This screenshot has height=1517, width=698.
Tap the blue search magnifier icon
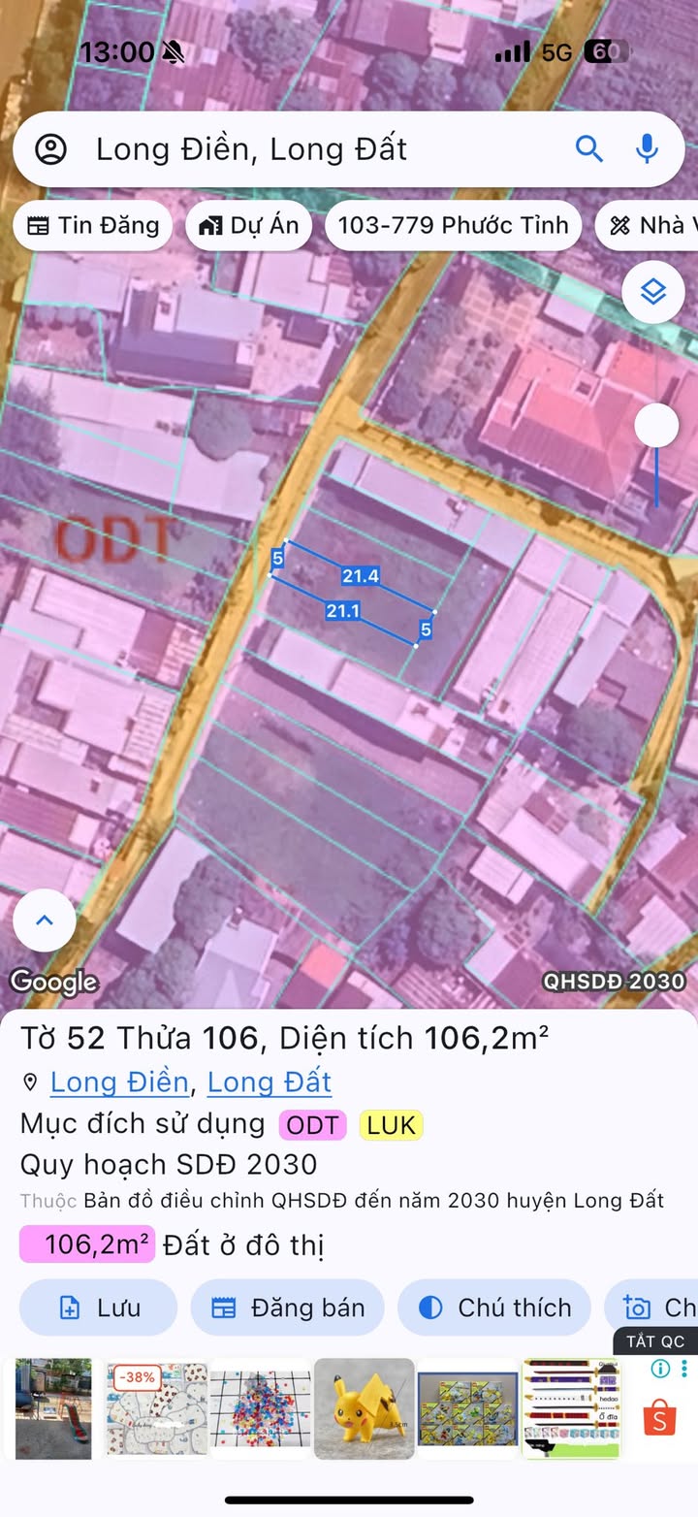click(589, 148)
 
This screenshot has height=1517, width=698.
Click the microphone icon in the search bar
click(647, 148)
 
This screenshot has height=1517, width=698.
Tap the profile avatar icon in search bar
click(50, 149)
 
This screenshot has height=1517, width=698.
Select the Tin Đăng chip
click(93, 226)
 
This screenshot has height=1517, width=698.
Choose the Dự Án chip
click(249, 226)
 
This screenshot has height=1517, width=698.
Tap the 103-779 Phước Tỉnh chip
click(453, 226)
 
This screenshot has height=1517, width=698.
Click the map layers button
click(653, 292)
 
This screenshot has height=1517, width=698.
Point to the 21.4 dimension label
click(360, 576)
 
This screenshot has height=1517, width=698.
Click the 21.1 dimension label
click(343, 611)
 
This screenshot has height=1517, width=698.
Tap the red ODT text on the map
click(114, 540)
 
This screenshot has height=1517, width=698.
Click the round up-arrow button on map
click(45, 920)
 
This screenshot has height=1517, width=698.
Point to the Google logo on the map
click(54, 982)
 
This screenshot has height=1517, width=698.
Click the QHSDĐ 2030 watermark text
click(614, 981)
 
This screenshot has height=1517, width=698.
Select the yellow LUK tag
click(391, 1125)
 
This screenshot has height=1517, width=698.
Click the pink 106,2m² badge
click(87, 1244)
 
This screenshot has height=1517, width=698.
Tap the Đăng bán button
click(288, 1307)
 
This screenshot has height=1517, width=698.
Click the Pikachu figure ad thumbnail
click(365, 1408)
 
